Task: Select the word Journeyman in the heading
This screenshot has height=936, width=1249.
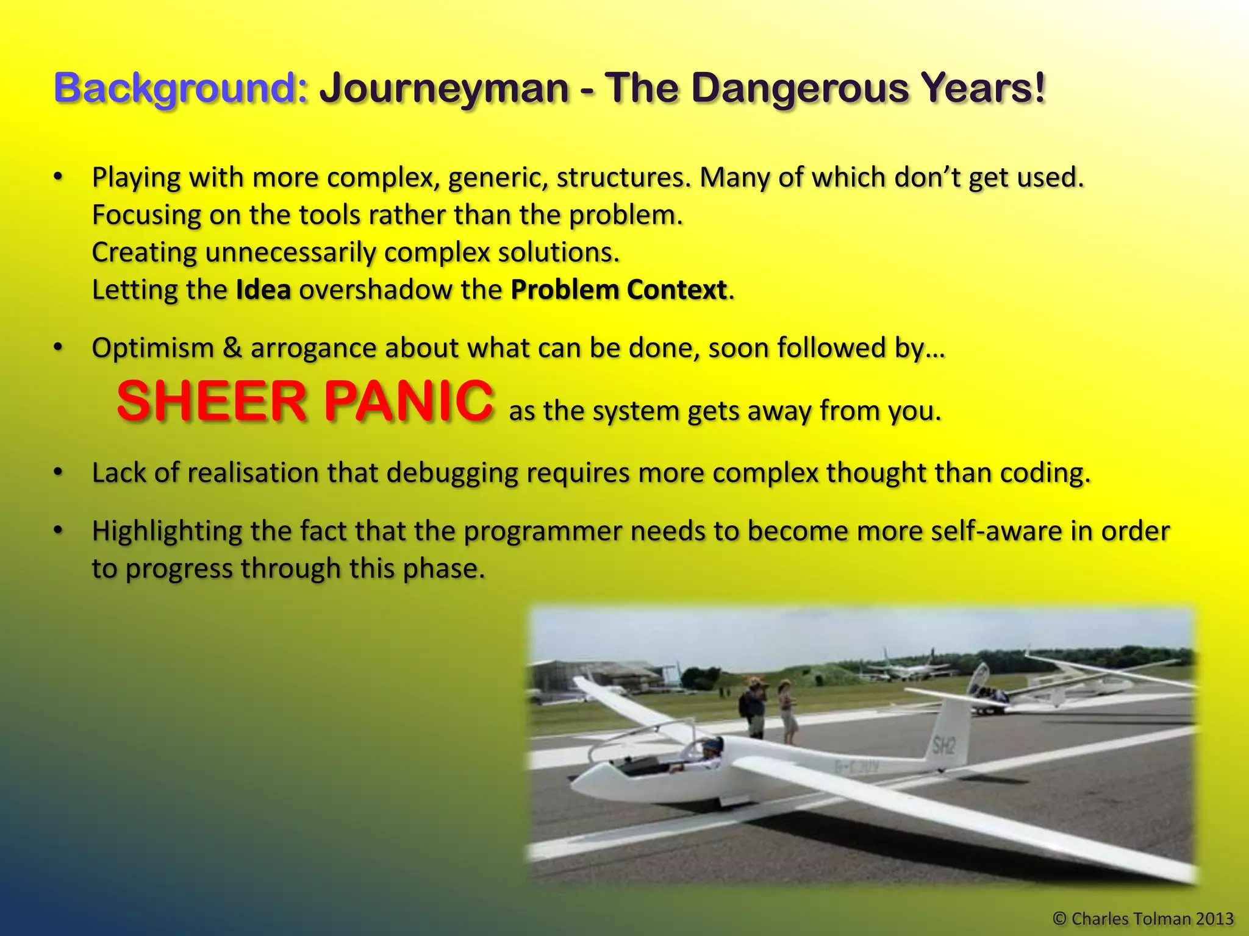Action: pyautogui.click(x=444, y=88)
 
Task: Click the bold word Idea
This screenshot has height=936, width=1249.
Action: pyautogui.click(x=263, y=290)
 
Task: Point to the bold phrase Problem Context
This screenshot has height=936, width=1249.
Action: pyautogui.click(x=618, y=290)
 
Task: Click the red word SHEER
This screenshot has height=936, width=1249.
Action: pyautogui.click(x=211, y=401)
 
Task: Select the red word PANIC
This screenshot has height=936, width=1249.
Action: pyautogui.click(x=408, y=401)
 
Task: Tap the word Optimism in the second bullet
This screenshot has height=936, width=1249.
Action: pyautogui.click(x=152, y=349)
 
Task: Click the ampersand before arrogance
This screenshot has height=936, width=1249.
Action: pyautogui.click(x=232, y=349)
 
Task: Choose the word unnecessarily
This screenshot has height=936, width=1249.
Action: pyautogui.click(x=290, y=252)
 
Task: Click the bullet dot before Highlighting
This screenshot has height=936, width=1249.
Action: pyautogui.click(x=58, y=530)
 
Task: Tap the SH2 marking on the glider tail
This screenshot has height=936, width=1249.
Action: pyautogui.click(x=943, y=745)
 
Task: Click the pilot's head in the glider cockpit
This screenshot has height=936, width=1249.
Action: pyautogui.click(x=710, y=745)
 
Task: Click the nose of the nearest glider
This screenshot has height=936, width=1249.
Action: pyautogui.click(x=578, y=784)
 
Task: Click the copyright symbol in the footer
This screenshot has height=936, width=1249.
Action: pyautogui.click(x=1060, y=918)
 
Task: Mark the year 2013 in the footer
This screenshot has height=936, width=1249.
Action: pyautogui.click(x=1214, y=918)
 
